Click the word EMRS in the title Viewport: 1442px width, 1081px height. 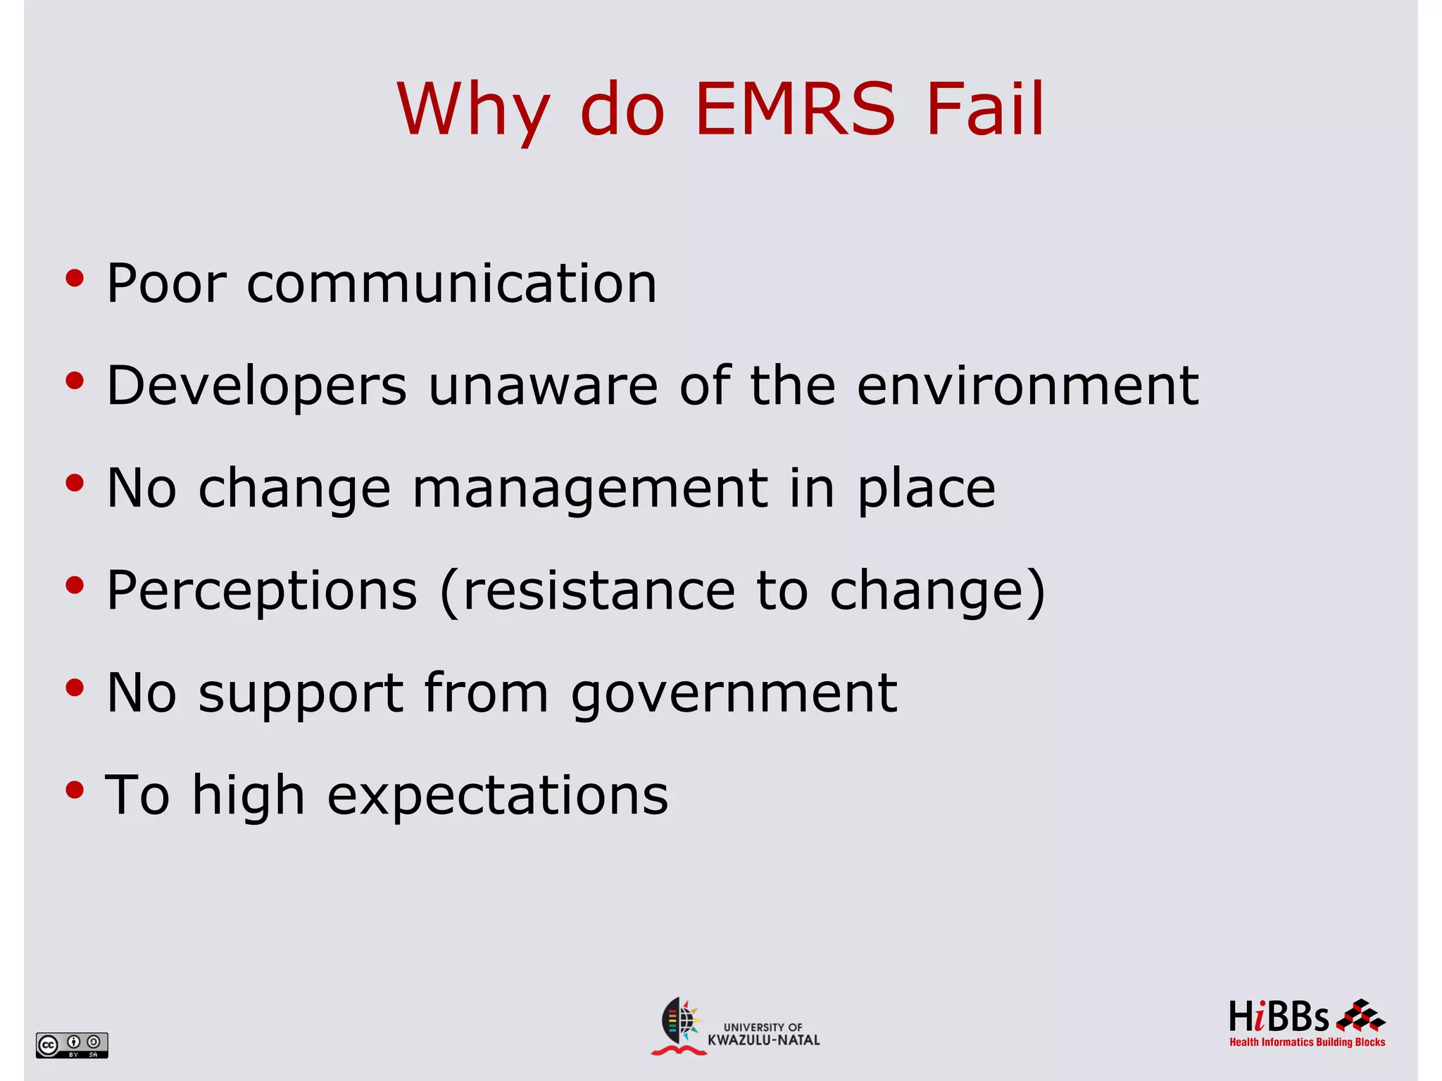point(795,109)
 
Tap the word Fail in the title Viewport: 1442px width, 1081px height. point(985,109)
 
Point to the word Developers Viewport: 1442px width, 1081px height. point(257,387)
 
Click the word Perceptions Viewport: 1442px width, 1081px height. point(262,592)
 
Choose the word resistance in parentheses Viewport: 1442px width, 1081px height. point(599,590)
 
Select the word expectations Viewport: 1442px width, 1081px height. point(498,796)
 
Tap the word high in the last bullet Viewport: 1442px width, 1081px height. point(249,796)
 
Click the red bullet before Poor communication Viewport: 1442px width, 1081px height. point(75,279)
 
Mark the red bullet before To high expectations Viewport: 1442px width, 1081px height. point(75,790)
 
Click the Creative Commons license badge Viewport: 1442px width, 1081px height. point(72,1044)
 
